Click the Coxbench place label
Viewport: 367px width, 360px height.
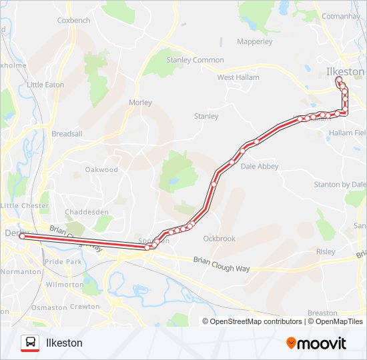73,21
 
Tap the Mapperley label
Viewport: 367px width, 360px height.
255,41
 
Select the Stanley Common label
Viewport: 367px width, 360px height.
195,60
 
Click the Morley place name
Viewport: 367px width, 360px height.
140,103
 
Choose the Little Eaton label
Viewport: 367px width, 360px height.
46,85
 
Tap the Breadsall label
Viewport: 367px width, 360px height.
67,133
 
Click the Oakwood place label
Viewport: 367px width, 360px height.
101,169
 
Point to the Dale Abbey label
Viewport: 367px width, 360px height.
260,167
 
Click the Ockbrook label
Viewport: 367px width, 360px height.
220,238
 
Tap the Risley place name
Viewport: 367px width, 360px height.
326,251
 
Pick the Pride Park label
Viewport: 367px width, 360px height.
63,263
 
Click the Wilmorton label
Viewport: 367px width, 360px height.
64,284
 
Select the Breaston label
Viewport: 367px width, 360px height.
323,313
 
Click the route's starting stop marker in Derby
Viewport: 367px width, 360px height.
22,236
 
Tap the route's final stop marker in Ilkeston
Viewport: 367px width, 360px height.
339,80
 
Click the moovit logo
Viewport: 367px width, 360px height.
316,343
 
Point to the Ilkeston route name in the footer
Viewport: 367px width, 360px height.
64,343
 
